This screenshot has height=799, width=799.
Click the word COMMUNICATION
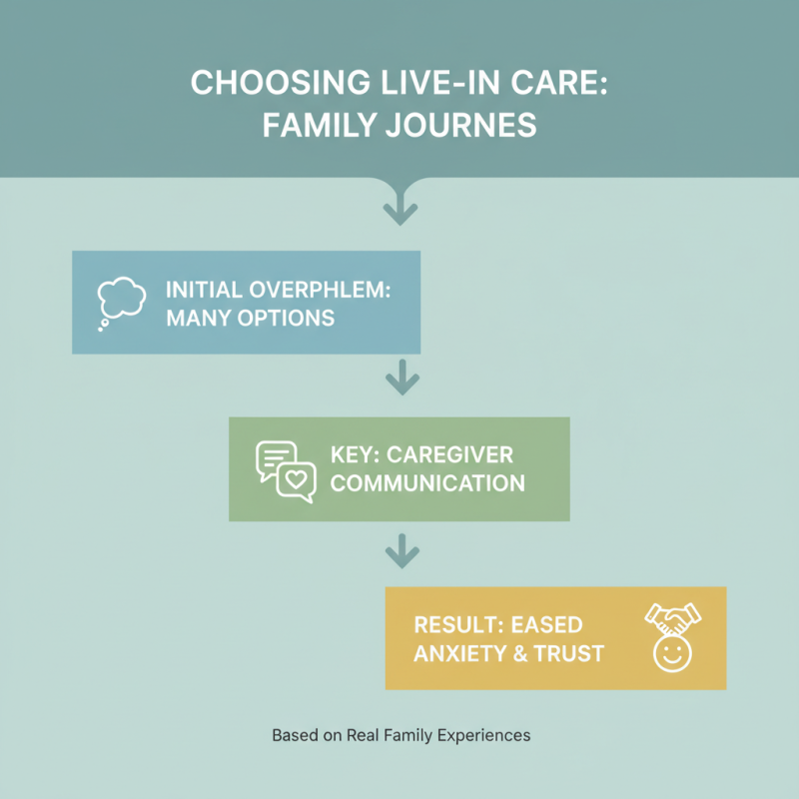point(427,483)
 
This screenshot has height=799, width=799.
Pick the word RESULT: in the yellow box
point(457,625)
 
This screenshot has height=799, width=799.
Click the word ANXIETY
point(457,654)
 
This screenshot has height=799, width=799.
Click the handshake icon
point(671,619)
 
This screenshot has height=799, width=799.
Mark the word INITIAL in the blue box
point(201,292)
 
